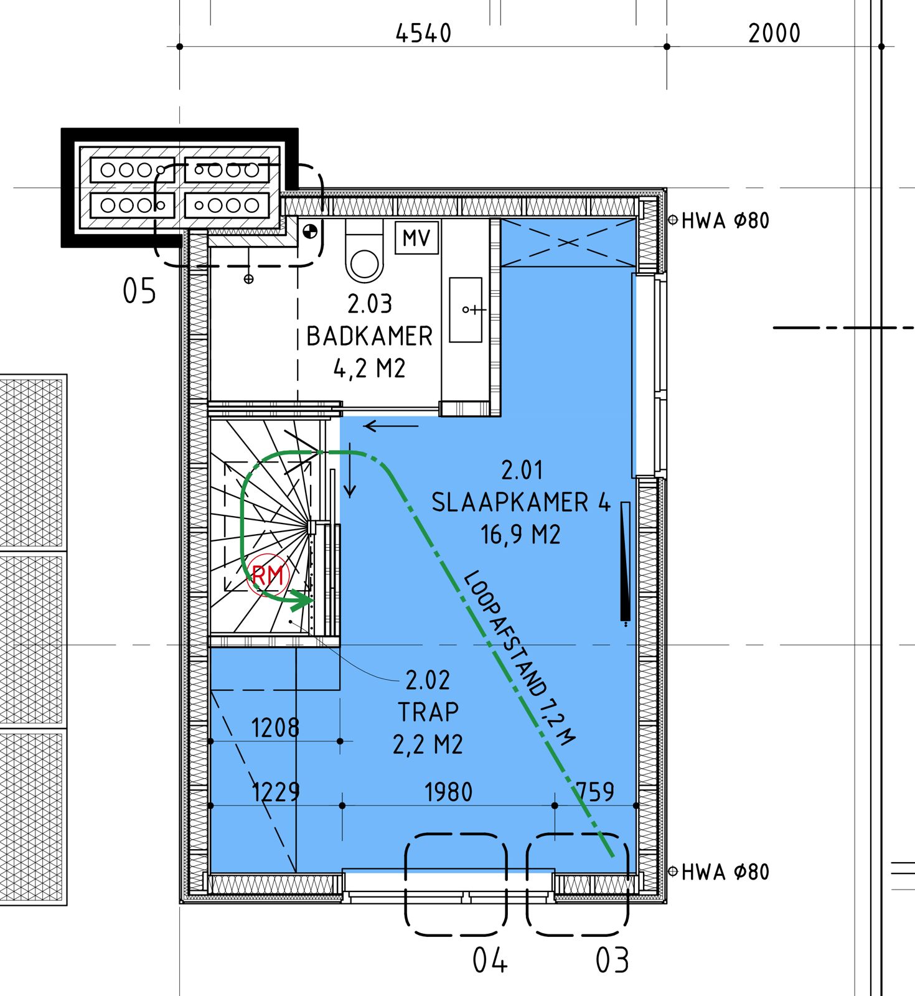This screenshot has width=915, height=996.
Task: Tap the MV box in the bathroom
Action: [x=416, y=238]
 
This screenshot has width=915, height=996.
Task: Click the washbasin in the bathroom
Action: [x=466, y=309]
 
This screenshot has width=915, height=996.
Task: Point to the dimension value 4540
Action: [x=423, y=34]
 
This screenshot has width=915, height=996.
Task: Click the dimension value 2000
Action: [x=774, y=34]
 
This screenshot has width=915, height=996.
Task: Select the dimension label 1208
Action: [x=275, y=728]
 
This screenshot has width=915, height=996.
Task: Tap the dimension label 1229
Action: [x=276, y=792]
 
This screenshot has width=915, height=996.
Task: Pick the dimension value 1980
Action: [x=448, y=792]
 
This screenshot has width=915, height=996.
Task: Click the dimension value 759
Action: [x=595, y=792]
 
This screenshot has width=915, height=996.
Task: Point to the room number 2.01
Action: [x=522, y=470]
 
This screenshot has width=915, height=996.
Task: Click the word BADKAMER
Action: [x=370, y=337]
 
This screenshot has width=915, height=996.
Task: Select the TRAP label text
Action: [x=428, y=712]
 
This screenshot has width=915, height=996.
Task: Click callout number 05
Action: [x=139, y=291]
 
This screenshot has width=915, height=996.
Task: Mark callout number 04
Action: [x=490, y=960]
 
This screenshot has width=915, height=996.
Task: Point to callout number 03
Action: [x=612, y=960]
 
